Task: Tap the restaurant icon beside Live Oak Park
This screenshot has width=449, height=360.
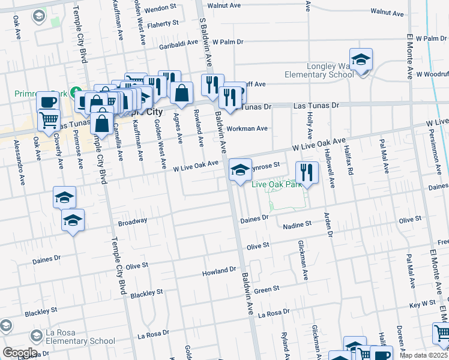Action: coord(307,172)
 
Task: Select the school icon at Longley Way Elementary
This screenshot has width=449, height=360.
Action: coord(361,60)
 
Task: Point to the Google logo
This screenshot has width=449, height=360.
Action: coord(19,353)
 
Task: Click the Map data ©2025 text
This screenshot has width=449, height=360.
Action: coord(424,355)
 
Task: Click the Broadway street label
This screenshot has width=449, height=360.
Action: coord(132,221)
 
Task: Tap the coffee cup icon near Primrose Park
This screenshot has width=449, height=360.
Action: coord(47,101)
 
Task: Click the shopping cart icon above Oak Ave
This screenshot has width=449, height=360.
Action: coord(49,119)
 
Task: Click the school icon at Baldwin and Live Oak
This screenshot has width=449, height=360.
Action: coord(240,170)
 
